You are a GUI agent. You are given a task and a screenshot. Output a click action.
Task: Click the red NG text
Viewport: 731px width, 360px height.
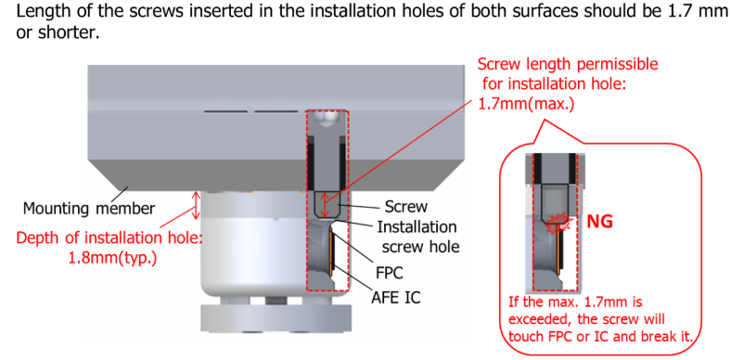click(x=599, y=222)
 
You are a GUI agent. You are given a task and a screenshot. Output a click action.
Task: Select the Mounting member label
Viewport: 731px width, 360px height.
click(x=88, y=208)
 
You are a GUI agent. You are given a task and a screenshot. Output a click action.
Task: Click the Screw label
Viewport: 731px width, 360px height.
click(x=406, y=207)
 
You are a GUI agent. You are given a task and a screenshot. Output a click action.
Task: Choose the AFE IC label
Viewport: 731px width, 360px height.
click(x=396, y=297)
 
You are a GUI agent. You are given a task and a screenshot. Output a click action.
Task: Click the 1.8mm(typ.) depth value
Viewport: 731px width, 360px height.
click(x=112, y=257)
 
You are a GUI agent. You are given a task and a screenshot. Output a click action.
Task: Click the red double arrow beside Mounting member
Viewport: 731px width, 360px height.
click(x=197, y=206)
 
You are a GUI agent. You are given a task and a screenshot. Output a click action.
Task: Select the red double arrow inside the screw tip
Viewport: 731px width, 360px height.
click(x=326, y=205)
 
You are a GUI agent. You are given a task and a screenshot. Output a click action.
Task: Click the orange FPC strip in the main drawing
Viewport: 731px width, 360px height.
click(x=331, y=250)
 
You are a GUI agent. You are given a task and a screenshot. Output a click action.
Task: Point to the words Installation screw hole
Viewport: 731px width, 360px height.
click(x=417, y=237)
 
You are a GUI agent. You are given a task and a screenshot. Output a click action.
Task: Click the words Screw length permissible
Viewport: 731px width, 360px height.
click(x=569, y=64)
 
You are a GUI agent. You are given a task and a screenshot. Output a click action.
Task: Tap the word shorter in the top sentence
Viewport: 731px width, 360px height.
click(x=74, y=33)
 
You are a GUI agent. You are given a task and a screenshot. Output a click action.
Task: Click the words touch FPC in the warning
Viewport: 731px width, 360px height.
click(x=539, y=336)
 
